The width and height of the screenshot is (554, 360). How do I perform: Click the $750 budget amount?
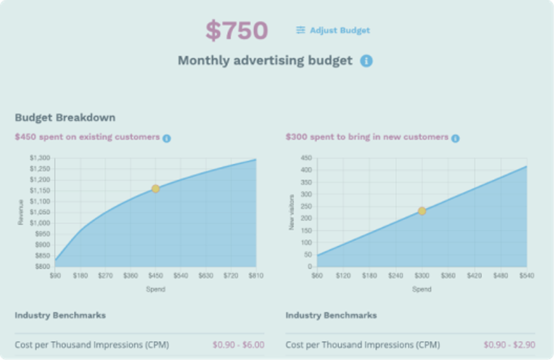tap(237, 31)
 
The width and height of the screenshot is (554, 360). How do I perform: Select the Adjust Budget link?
tap(340, 30)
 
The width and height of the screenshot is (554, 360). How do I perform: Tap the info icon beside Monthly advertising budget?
tap(366, 61)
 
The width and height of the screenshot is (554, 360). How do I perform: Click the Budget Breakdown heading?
tap(65, 117)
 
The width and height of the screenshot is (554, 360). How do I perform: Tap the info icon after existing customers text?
tap(167, 138)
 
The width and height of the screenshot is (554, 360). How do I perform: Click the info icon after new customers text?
tap(455, 138)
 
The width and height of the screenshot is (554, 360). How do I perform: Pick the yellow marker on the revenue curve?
tap(156, 189)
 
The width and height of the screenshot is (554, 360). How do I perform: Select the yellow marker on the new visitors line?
tap(422, 211)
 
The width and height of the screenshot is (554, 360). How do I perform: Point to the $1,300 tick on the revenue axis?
tap(39, 158)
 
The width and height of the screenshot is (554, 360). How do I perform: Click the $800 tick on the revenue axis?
tap(42, 266)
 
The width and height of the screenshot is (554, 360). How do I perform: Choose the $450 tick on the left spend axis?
tap(156, 275)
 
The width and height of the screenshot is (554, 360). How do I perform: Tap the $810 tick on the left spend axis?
tap(256, 275)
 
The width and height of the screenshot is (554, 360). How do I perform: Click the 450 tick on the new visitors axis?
tap(306, 158)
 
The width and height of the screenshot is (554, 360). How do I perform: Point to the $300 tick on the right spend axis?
tap(422, 275)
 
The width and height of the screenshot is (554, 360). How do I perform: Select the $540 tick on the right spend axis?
tap(526, 275)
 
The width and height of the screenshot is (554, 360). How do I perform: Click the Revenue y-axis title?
tap(20, 212)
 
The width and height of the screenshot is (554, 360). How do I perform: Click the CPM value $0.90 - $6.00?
tap(238, 345)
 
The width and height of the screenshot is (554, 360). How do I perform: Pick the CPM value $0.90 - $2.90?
tap(509, 345)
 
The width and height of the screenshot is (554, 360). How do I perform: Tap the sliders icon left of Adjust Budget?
tap(300, 30)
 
